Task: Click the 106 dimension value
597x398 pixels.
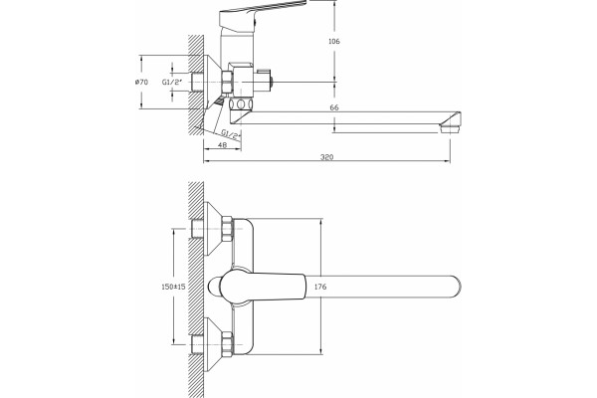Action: [x=334, y=41]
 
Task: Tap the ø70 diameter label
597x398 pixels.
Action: [x=141, y=82]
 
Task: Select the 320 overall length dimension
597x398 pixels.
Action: [x=326, y=157]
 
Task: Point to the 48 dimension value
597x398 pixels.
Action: [x=222, y=144]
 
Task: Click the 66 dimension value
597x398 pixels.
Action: [x=334, y=107]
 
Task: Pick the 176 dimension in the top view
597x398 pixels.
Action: [x=320, y=287]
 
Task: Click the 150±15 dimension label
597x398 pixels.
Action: [x=173, y=287]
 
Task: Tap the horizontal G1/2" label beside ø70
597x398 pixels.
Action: [x=172, y=82]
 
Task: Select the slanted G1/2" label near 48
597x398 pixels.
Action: [x=231, y=134]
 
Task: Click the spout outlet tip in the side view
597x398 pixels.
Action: [x=451, y=128]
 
